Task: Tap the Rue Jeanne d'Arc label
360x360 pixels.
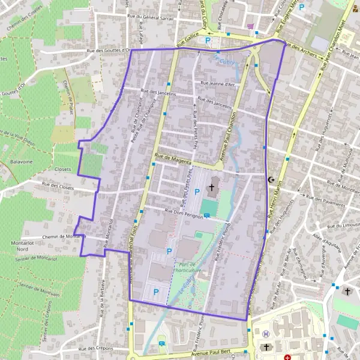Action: tap(218, 85)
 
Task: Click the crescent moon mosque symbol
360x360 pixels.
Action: tap(272, 179)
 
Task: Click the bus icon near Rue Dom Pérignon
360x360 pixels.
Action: tap(207, 216)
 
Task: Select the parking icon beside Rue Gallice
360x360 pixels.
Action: tap(208, 40)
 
